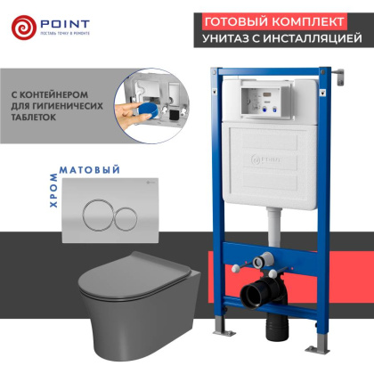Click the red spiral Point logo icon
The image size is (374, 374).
[x=24, y=26]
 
